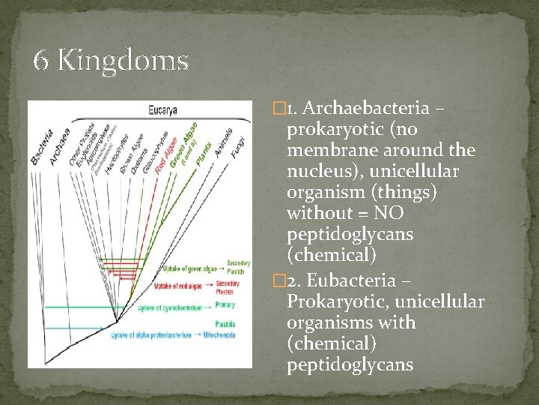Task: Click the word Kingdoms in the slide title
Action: coord(123,60)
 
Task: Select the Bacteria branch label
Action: coord(42,148)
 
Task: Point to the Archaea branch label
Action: coord(60,148)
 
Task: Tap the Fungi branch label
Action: coord(237,147)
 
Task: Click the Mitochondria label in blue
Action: coord(219,335)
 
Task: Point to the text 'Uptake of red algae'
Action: coord(178,286)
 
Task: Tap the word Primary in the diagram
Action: coord(225,304)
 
